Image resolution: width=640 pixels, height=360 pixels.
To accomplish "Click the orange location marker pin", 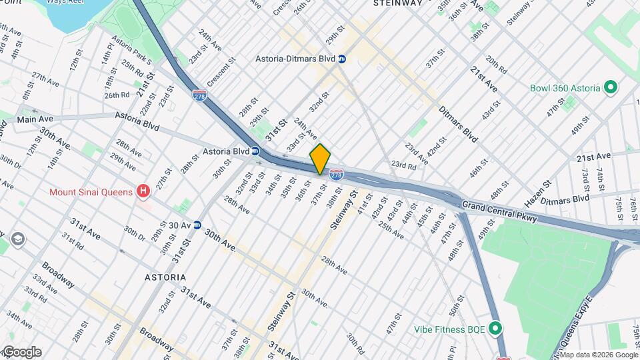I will point(320,159).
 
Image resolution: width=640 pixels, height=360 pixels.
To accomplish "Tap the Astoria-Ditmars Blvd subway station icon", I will point(342,59).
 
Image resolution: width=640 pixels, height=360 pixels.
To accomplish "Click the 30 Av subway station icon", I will point(197,225).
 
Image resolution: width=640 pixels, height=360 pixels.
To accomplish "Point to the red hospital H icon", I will point(143,193).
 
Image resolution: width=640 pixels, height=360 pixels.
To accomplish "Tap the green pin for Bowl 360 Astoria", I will point(609,88).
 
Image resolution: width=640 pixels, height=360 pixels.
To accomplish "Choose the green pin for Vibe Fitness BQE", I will point(495,328).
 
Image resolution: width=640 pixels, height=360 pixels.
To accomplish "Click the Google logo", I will point(21,352).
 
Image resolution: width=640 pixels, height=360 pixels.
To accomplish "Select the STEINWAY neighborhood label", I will point(398,3).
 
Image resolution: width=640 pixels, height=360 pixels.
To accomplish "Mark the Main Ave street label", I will point(35,119).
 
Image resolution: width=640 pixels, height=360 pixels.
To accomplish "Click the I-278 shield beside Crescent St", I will point(199,95).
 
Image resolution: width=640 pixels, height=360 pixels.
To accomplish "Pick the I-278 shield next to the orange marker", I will point(337,175).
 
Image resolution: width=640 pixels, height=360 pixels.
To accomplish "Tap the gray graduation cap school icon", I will point(17,239).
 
